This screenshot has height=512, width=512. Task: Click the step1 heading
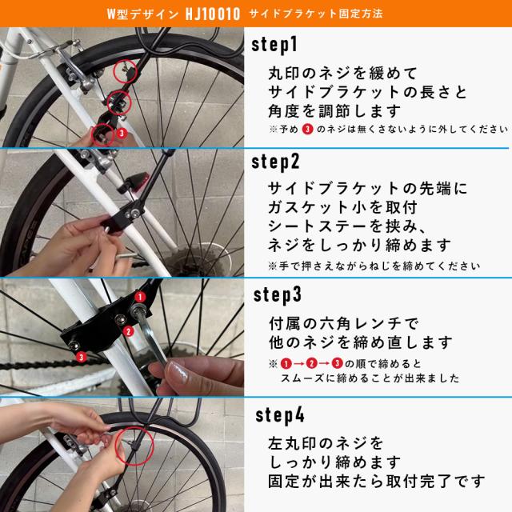click(276, 44)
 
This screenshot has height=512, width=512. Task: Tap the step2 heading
click(277, 162)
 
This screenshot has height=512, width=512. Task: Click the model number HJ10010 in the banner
click(197, 14)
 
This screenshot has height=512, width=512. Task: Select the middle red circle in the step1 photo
click(118, 102)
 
